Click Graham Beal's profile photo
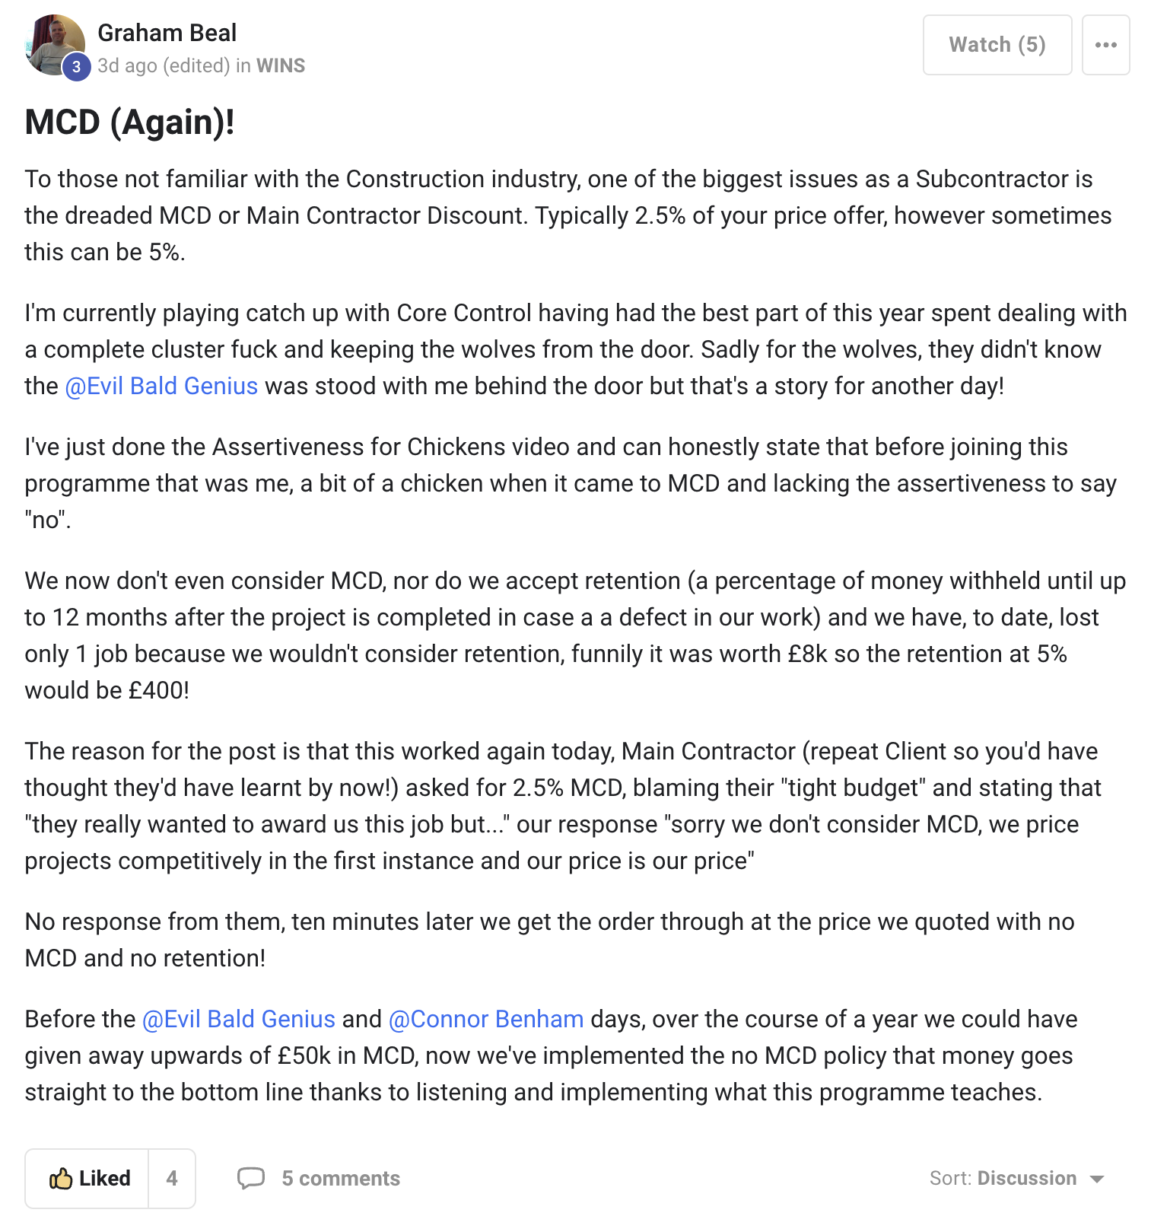[53, 43]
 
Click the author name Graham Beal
[167, 33]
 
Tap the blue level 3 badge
[76, 67]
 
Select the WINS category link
[281, 66]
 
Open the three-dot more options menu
[1105, 45]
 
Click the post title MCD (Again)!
[129, 123]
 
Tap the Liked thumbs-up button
[88, 1178]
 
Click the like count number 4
[172, 1178]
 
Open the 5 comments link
[340, 1178]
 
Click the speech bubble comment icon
[251, 1178]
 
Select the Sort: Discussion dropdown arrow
[1096, 1179]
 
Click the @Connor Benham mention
[486, 1019]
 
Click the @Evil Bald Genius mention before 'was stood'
[161, 386]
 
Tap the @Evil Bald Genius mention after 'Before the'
[239, 1019]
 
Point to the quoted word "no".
[46, 520]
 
